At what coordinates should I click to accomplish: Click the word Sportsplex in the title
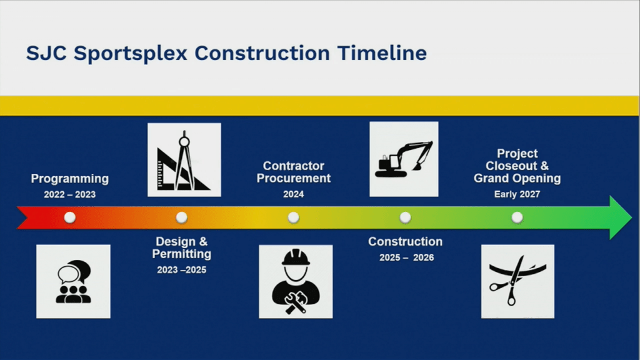[130, 54]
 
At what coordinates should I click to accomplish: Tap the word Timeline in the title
[382, 53]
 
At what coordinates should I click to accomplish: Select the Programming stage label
[70, 179]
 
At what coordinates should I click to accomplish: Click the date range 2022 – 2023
[70, 195]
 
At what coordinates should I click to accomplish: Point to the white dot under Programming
[70, 217]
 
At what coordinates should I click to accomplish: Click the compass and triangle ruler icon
[184, 160]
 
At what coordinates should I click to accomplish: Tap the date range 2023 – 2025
[182, 270]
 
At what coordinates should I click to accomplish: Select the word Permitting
[182, 254]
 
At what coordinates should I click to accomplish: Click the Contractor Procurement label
[294, 172]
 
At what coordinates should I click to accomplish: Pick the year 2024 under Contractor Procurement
[294, 194]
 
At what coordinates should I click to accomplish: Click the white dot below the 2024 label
[293, 217]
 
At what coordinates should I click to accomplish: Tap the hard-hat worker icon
[296, 282]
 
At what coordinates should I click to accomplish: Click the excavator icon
[404, 159]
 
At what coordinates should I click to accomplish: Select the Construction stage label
[405, 242]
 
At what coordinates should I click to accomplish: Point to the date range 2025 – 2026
[406, 257]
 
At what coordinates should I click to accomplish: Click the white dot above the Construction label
[405, 217]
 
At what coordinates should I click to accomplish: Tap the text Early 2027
[517, 194]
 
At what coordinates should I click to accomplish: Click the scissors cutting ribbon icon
[517, 282]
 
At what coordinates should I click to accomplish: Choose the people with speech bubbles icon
[73, 282]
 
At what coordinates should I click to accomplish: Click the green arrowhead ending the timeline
[619, 217]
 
